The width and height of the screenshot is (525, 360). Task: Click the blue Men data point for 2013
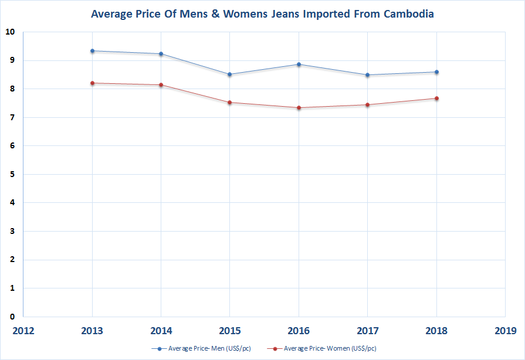coord(92,51)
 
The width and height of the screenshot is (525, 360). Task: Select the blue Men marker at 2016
coord(299,64)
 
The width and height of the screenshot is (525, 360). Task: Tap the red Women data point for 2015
coord(230,103)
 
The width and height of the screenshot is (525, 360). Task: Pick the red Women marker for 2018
coord(436,99)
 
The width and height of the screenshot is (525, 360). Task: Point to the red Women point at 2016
coord(299,108)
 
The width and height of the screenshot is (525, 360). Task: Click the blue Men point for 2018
coord(436,72)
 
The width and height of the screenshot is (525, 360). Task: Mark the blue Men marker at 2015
coord(230,74)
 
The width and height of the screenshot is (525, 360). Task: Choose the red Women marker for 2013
coord(92,83)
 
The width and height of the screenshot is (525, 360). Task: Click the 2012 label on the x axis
coord(23,331)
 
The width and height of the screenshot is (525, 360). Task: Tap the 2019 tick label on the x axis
coord(505,331)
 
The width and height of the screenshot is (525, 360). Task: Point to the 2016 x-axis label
coord(299,331)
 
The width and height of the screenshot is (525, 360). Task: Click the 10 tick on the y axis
coord(11,32)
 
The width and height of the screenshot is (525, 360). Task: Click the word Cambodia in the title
coord(406,13)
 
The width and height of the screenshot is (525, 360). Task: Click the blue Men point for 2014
coord(161,54)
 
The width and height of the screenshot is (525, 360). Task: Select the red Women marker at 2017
coord(368,105)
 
